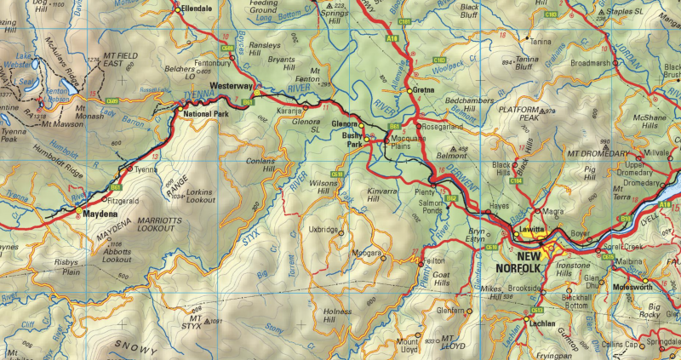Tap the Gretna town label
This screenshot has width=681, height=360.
(423, 90)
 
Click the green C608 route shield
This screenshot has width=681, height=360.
(226, 49)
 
